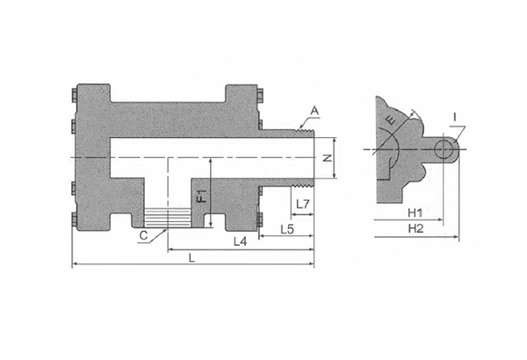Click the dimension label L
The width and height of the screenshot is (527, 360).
(x=191, y=258)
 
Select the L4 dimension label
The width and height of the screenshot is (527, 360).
(x=241, y=241)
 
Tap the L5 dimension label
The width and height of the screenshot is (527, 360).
(x=287, y=229)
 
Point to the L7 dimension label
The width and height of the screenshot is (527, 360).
(x=303, y=204)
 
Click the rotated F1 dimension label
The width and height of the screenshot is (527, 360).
(x=202, y=195)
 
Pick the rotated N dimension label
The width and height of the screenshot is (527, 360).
(x=328, y=158)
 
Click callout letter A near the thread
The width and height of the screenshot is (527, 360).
(x=314, y=111)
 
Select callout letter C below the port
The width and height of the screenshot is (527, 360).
(x=143, y=235)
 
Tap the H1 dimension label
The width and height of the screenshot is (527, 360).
(x=415, y=212)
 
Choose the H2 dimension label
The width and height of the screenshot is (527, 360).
(x=415, y=228)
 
